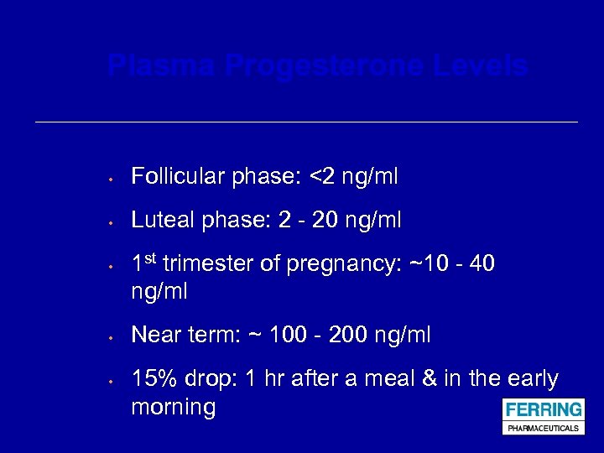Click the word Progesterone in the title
pos(326,66)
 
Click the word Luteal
pos(161,221)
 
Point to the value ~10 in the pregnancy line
pos(427,264)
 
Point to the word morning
pos(174,409)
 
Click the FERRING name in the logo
pos(543,410)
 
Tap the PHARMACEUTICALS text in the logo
pos(543,428)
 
